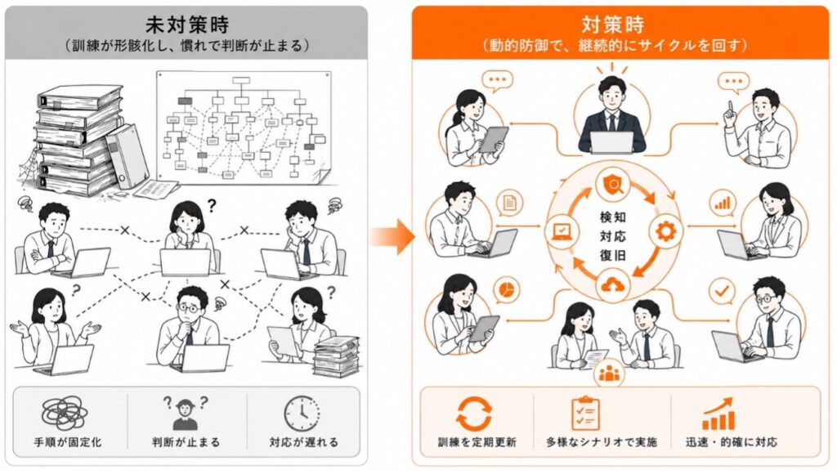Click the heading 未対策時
tap(187, 25)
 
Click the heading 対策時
tap(613, 25)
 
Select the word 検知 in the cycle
tap(612, 217)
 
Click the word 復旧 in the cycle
tap(612, 255)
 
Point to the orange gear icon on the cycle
tap(665, 231)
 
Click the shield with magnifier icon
tap(611, 186)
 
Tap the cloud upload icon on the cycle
tap(613, 286)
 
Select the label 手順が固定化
tap(68, 442)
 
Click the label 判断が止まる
tap(186, 442)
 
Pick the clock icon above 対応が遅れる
tap(302, 414)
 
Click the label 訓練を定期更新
tap(477, 442)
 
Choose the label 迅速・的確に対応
tap(732, 442)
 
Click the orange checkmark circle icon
tap(722, 292)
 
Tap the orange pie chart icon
tap(507, 290)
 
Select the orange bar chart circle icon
tap(723, 203)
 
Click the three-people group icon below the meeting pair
tap(609, 373)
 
